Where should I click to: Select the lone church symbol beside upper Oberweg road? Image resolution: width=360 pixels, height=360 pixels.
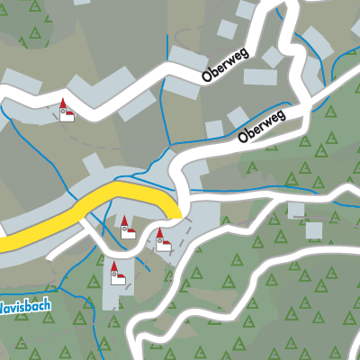coord(65,111)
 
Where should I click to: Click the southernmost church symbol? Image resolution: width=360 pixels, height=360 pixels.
coord(115,273)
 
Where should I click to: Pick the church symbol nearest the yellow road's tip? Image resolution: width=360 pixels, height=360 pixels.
coord(162,240)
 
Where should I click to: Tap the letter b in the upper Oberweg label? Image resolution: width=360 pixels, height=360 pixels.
coord(215,75)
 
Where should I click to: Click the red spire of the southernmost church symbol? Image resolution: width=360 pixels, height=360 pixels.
coord(114,265)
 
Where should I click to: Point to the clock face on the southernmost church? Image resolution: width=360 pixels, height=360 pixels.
coord(114,276)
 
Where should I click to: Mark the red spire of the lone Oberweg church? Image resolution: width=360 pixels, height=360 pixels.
coord(64,103)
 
